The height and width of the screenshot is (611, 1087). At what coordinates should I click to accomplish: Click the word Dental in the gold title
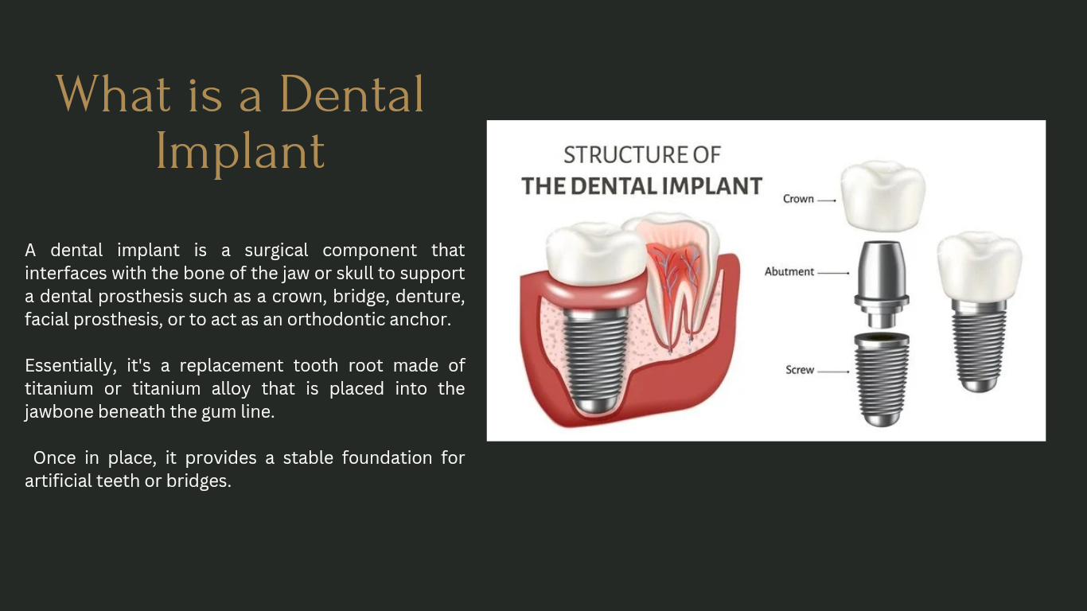pos(352,94)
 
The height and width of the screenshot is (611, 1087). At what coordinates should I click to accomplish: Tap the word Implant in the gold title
pos(240,152)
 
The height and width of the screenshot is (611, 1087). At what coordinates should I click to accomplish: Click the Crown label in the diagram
pos(798,199)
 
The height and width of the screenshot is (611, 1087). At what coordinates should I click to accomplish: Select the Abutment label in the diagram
pos(789,272)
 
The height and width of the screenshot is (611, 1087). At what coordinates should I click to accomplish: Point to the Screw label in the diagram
pos(800,370)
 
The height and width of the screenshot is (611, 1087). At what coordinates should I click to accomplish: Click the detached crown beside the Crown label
pos(882,196)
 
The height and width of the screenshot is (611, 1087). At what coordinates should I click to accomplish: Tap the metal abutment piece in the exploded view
pos(881,284)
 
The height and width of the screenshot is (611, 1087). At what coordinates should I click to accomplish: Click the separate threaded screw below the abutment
pos(881,379)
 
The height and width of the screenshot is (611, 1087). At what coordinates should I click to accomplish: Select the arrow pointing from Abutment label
pos(833,273)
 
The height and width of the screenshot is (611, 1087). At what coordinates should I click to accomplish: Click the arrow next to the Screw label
pos(833,372)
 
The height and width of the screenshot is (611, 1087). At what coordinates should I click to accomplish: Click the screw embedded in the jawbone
pos(595,360)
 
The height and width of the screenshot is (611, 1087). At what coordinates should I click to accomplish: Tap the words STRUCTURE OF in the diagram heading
pos(642,155)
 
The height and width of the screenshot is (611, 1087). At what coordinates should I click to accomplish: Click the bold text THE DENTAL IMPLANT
pos(641,186)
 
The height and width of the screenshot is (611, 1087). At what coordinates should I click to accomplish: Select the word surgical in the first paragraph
pos(276,251)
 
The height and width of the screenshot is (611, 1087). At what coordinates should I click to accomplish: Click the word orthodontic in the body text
pos(336,319)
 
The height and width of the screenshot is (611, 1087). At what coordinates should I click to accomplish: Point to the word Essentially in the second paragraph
pos(71,366)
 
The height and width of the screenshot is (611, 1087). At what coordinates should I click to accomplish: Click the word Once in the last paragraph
pos(53,457)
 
